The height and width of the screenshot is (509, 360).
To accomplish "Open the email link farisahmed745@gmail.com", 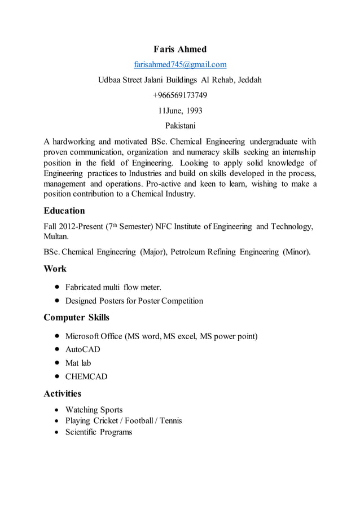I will [x=180, y=64].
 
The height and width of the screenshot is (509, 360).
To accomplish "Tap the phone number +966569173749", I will [x=180, y=95].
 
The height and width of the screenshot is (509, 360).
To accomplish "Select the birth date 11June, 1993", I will [x=180, y=110].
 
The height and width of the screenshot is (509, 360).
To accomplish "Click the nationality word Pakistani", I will [x=180, y=125].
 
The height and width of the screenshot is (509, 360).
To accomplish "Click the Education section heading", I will [x=64, y=211].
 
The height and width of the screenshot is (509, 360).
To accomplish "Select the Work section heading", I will [x=55, y=269].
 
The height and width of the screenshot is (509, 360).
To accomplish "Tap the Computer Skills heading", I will [x=77, y=317].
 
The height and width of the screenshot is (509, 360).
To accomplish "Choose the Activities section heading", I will [x=63, y=393].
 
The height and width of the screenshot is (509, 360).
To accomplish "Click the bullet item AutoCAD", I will [x=83, y=349].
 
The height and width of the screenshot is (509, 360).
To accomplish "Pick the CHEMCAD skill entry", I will [x=86, y=376].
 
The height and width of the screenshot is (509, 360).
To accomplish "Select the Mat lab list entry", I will [x=78, y=363].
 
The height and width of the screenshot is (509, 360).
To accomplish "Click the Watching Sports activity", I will [x=94, y=410].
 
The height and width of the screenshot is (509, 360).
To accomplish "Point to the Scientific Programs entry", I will [x=99, y=432].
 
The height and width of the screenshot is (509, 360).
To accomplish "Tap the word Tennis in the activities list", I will [x=169, y=421].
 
